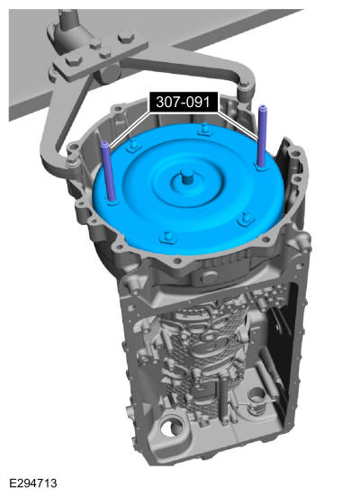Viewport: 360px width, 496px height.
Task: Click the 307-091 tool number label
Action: click(184, 102)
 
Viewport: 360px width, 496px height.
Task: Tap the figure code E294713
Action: click(33, 483)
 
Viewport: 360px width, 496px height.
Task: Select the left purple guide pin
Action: click(108, 171)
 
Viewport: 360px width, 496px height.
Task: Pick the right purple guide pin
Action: click(262, 136)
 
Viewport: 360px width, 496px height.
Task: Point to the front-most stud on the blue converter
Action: click(167, 238)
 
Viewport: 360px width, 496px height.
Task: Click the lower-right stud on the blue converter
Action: click(246, 219)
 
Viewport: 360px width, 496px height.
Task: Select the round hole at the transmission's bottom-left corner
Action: click(170, 429)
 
